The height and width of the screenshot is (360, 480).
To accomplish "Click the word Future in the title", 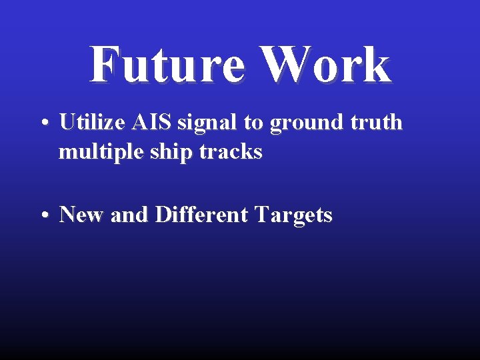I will [167, 65].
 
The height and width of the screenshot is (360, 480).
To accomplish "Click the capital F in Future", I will [104, 65].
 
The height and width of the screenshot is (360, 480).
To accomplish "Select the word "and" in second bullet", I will [130, 215].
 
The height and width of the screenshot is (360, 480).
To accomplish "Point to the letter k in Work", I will [376, 65].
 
